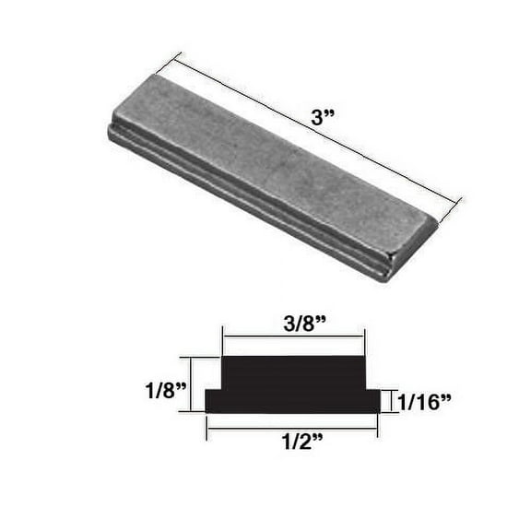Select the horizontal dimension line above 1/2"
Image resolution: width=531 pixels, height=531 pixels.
[x=292, y=428]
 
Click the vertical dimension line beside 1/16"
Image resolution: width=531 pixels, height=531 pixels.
[x=395, y=401]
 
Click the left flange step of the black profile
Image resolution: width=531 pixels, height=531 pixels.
[x=214, y=400]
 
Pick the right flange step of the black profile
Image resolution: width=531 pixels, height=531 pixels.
[x=372, y=400]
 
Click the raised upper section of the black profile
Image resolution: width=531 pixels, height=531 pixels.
[x=293, y=373]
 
